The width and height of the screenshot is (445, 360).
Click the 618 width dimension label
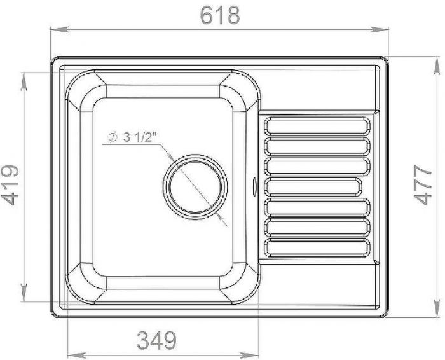[x=220, y=15]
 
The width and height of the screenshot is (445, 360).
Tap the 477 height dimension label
[x=423, y=185]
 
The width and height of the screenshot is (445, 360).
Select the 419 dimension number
[x=10, y=185]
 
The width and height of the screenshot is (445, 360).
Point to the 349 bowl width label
[x=156, y=340]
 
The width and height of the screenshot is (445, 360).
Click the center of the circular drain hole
[x=195, y=187]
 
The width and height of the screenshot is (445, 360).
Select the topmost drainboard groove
[x=317, y=126]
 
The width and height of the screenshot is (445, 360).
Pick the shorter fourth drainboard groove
[x=313, y=187]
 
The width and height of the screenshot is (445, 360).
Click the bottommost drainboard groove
[x=317, y=248]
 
